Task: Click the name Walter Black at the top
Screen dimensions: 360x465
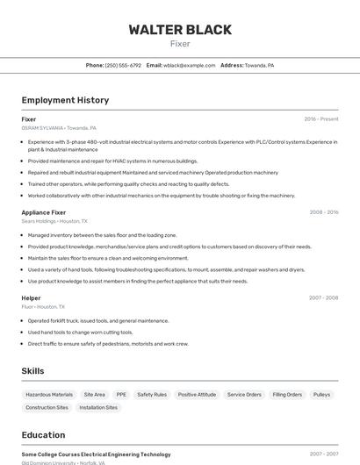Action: click(180, 30)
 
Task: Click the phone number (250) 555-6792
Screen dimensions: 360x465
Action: click(123, 65)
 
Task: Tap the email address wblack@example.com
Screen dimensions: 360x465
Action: click(189, 65)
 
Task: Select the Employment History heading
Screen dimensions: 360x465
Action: click(65, 100)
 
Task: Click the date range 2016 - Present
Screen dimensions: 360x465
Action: click(321, 118)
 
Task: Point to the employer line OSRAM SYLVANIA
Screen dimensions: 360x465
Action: click(59, 127)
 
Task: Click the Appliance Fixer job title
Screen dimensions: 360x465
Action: click(44, 211)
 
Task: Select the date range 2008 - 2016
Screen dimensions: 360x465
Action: click(323, 211)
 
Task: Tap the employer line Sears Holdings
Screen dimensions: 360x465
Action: click(54, 221)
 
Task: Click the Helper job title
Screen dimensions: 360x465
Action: click(31, 297)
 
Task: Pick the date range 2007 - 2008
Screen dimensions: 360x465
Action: click(323, 297)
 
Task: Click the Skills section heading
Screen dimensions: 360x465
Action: click(32, 371)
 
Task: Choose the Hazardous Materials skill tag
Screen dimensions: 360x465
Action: click(49, 395)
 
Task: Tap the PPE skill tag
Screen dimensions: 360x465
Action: click(121, 395)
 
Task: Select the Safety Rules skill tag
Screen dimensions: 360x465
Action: click(152, 395)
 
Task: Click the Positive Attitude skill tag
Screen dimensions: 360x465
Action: click(197, 395)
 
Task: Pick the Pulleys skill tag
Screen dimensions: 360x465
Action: click(321, 395)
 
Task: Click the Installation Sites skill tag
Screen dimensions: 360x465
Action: click(98, 407)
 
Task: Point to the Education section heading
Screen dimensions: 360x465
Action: click(43, 434)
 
